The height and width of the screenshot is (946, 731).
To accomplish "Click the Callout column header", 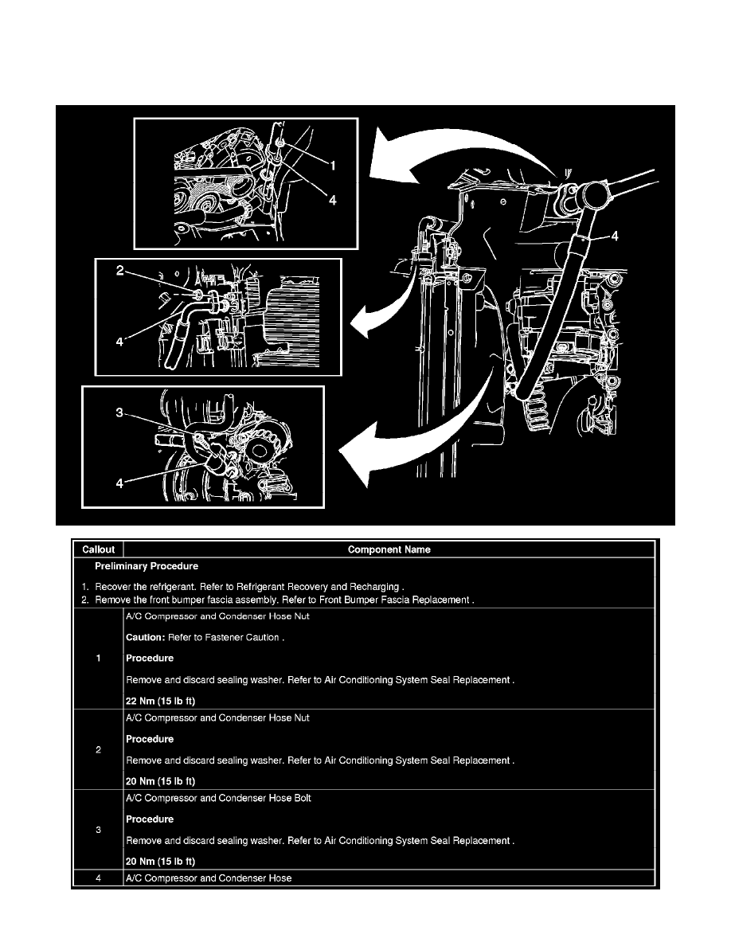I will pos(97,549).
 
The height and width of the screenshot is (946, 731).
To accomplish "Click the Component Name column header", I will pos(389,549).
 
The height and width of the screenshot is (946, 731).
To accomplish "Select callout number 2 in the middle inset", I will pos(119,271).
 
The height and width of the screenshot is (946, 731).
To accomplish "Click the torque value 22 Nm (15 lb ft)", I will pos(161,702).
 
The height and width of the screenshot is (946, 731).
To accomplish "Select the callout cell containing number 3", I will pos(97,830).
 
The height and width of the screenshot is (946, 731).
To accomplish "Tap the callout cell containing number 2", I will pos(97,749).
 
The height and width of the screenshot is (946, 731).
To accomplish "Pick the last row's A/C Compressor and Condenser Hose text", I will pos(209,878).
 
